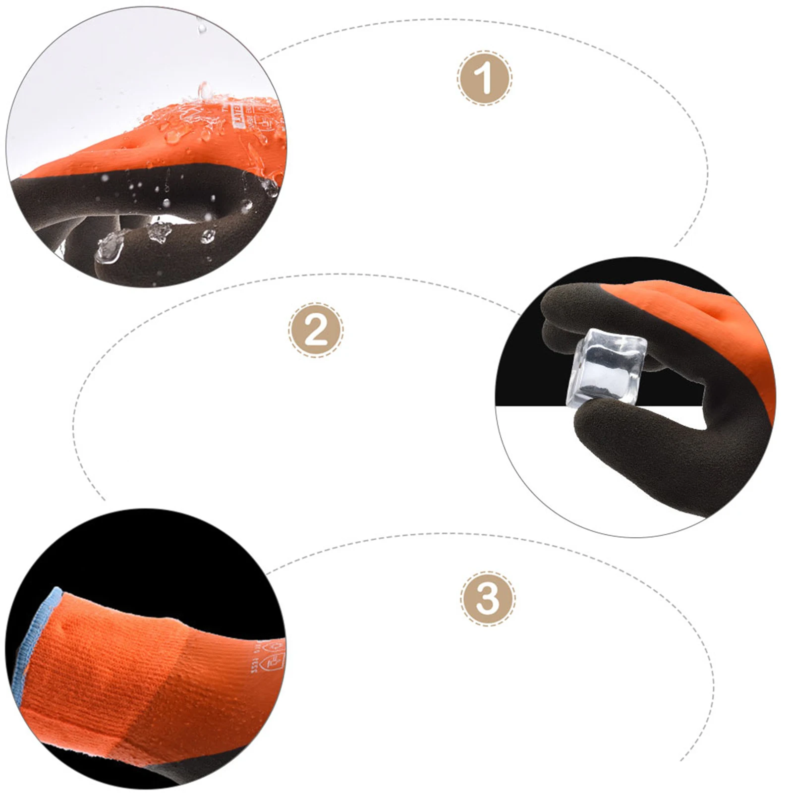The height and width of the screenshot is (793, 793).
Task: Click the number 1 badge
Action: point(484,78)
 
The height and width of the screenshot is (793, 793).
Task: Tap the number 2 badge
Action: point(316,330)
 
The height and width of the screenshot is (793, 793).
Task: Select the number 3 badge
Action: point(487,598)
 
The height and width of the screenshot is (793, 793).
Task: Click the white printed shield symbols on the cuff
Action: point(275,654)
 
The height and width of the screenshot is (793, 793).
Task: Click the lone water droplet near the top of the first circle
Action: point(202,28)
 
